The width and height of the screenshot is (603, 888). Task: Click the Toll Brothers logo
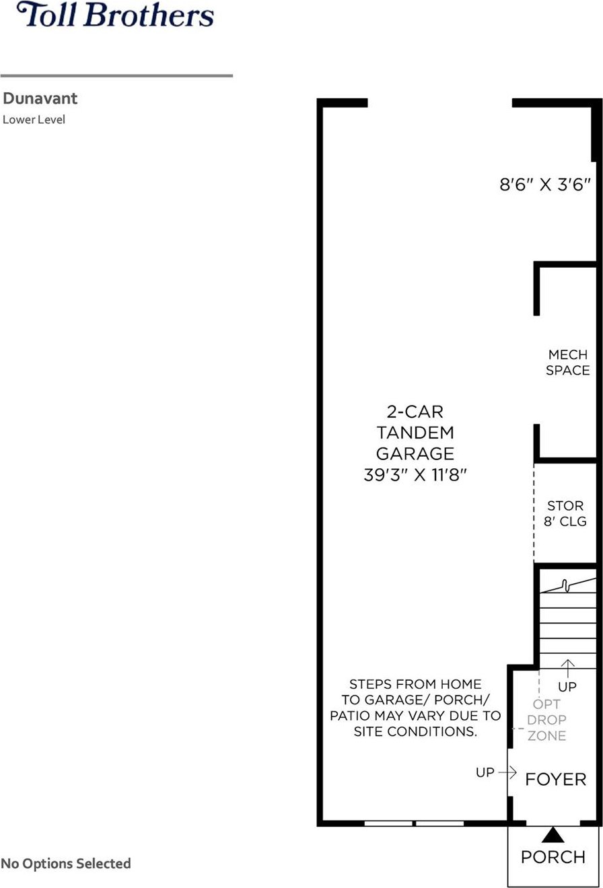click(x=115, y=15)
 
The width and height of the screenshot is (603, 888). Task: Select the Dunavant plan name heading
click(x=40, y=98)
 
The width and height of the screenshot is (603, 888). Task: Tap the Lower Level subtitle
click(x=34, y=120)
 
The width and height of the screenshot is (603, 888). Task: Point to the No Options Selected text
click(x=66, y=863)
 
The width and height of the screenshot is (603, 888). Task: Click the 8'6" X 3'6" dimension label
click(x=545, y=184)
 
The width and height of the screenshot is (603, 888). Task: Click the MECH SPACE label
click(x=568, y=363)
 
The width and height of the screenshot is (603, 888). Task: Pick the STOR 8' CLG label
click(x=565, y=513)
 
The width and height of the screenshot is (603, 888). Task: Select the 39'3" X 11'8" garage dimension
click(x=415, y=474)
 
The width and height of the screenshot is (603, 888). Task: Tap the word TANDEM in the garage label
click(x=415, y=433)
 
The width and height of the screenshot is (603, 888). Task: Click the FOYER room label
click(x=555, y=780)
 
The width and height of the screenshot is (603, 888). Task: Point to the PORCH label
click(x=553, y=857)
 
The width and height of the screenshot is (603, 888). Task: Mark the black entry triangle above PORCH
click(x=553, y=836)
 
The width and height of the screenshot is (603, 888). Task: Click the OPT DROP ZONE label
click(x=546, y=720)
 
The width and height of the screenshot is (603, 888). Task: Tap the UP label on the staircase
click(x=567, y=687)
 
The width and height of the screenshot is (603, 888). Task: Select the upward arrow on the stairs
click(x=568, y=669)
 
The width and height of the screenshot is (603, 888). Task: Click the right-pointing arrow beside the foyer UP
click(x=507, y=772)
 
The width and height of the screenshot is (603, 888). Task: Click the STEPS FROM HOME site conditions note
click(x=415, y=708)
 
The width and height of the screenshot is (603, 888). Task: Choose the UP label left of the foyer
click(x=485, y=772)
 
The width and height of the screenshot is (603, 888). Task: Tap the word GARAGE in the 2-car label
click(x=415, y=453)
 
